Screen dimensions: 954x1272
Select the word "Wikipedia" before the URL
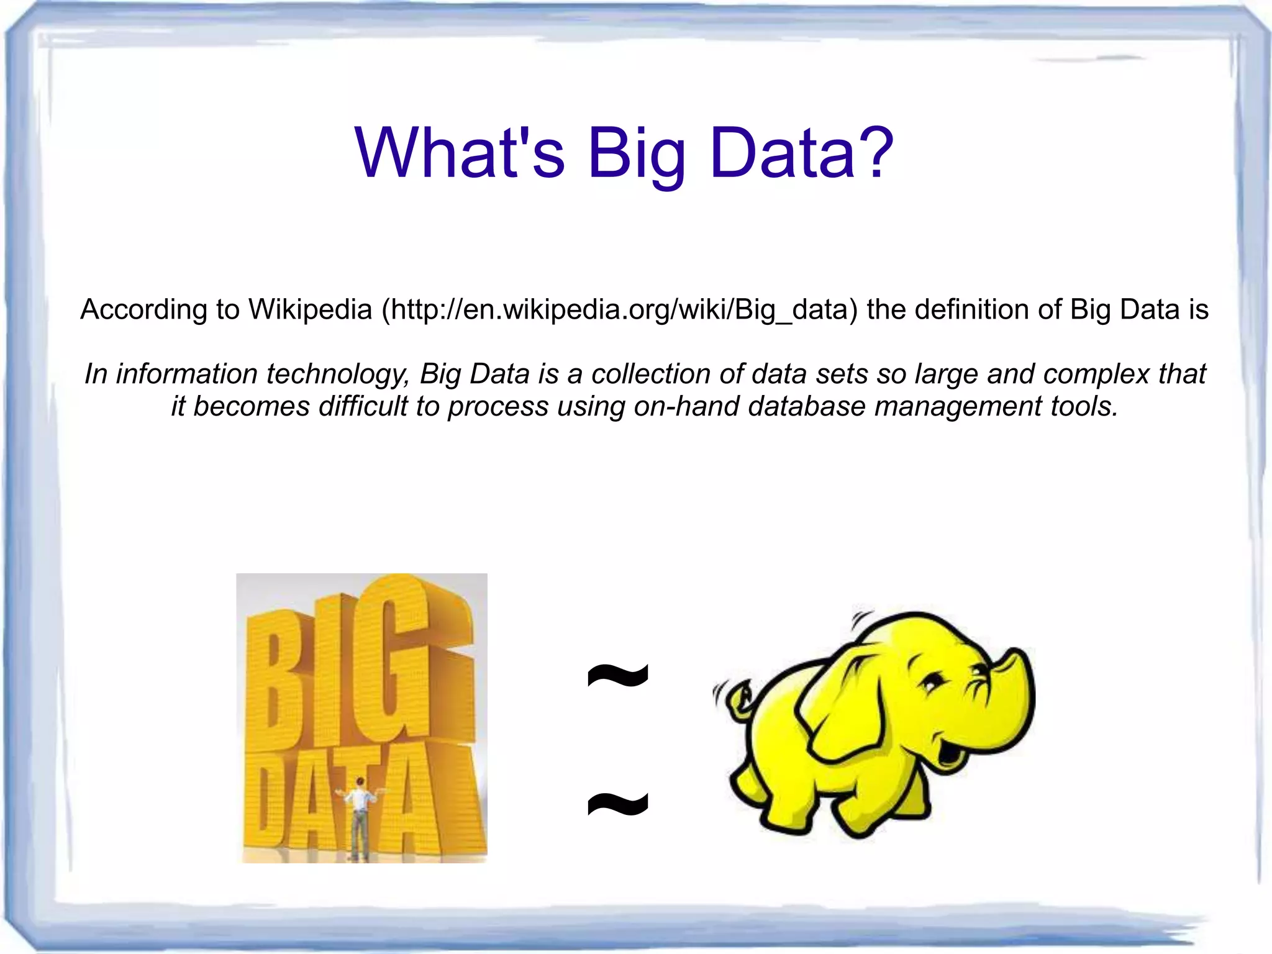tap(310, 309)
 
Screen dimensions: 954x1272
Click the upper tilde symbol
tap(617, 675)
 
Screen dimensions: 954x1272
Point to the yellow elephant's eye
tap(931, 683)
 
